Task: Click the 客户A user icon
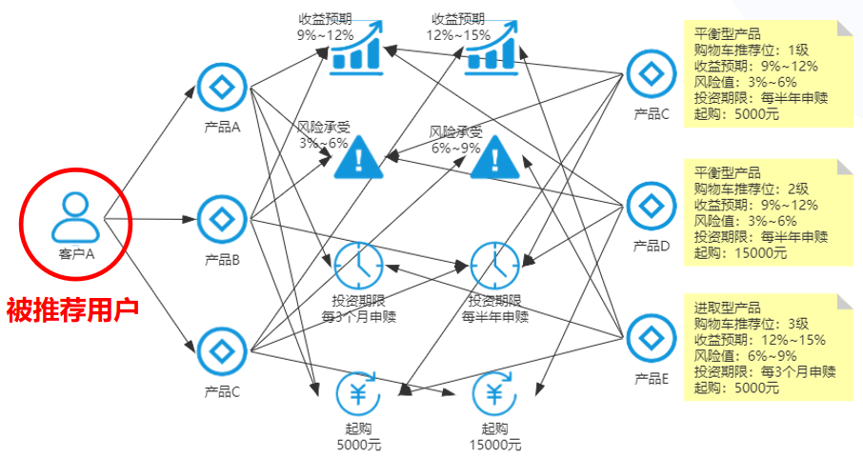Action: coord(75,216)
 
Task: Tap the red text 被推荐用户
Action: coord(73,308)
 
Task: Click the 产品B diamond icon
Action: coord(222,220)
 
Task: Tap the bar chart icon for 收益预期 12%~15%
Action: coord(491,49)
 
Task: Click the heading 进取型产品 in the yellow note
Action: coord(728,308)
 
